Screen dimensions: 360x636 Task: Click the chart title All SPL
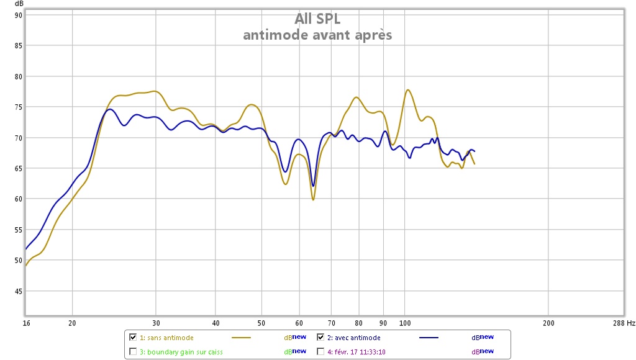tap(317, 19)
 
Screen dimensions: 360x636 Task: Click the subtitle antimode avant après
tap(317, 35)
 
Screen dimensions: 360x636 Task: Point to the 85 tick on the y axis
tap(19, 46)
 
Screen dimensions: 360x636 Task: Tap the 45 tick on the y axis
tap(19, 291)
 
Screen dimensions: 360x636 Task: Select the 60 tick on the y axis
tap(19, 199)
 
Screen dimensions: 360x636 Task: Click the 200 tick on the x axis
tap(548, 323)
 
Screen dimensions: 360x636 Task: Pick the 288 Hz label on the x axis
tap(622, 323)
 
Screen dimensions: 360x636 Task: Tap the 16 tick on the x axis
tap(26, 323)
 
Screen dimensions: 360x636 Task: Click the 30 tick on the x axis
tap(156, 323)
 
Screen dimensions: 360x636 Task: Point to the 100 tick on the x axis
tap(406, 323)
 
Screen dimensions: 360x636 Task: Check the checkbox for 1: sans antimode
tap(133, 338)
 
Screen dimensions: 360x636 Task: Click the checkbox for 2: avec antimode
tap(320, 338)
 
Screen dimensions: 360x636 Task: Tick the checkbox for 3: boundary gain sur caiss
tap(133, 351)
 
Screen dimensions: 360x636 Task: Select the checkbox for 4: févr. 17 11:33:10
tap(320, 351)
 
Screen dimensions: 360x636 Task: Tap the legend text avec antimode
tap(356, 338)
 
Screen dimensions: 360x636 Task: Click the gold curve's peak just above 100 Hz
tap(408, 90)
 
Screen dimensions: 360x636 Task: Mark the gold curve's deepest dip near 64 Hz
tap(313, 199)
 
